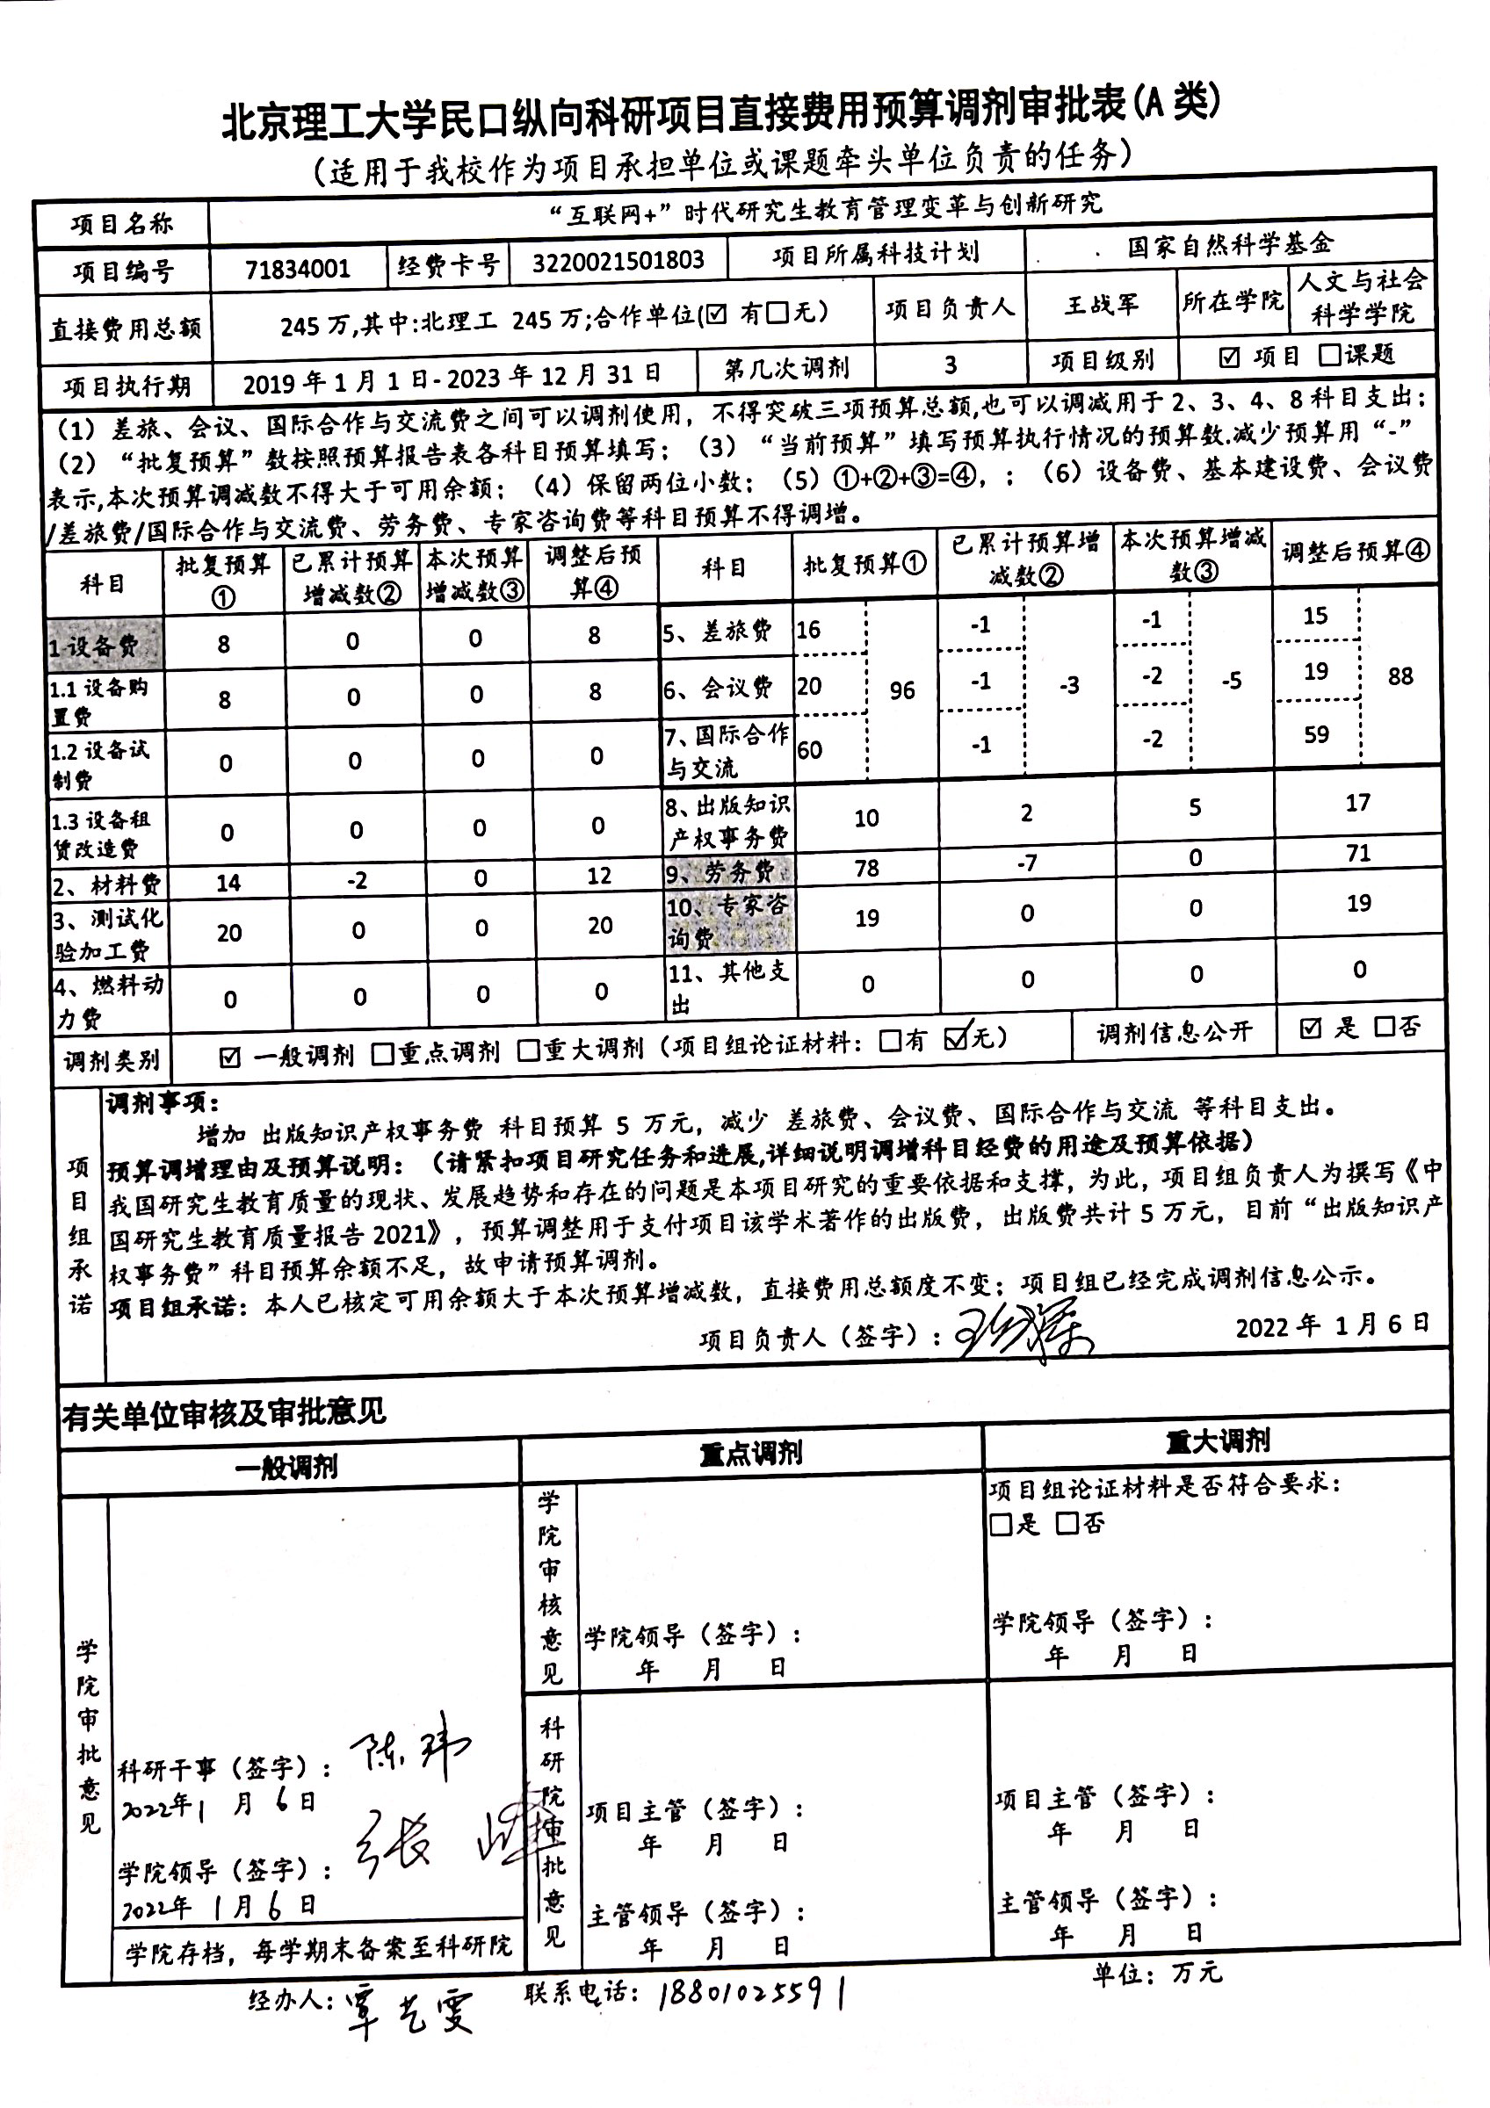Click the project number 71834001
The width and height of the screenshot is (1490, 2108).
coord(298,268)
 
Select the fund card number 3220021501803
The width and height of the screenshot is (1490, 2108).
coord(618,262)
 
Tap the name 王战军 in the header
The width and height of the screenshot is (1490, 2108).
coord(1101,305)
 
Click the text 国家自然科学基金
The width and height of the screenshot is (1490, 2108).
coord(1229,244)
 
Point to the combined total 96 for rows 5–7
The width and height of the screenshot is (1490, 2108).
coord(901,690)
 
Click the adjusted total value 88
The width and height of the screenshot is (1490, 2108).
coord(1400,676)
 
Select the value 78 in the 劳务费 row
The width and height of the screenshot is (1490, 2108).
coord(865,868)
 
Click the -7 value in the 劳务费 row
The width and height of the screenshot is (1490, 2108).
coord(1026,863)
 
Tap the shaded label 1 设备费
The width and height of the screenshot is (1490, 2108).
coord(94,646)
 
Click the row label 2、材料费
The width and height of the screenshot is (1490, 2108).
coord(106,884)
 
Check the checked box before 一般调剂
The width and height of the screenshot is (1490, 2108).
coord(230,1058)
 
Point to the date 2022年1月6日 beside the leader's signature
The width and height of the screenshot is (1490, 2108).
coord(1332,1325)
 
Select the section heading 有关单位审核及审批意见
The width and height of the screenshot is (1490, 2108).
coord(225,1412)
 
